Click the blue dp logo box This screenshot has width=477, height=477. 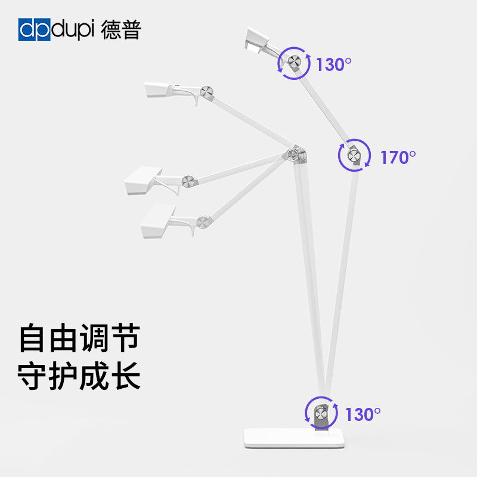click(35, 30)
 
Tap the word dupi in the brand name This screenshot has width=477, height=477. click(73, 30)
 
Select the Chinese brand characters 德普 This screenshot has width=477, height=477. click(120, 30)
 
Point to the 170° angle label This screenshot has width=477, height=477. click(398, 157)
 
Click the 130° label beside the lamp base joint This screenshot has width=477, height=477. click(363, 414)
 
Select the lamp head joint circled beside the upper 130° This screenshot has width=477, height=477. click(294, 63)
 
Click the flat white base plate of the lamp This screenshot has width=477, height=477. click(295, 439)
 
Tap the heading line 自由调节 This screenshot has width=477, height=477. click(79, 337)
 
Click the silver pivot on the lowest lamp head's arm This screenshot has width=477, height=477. click(204, 222)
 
